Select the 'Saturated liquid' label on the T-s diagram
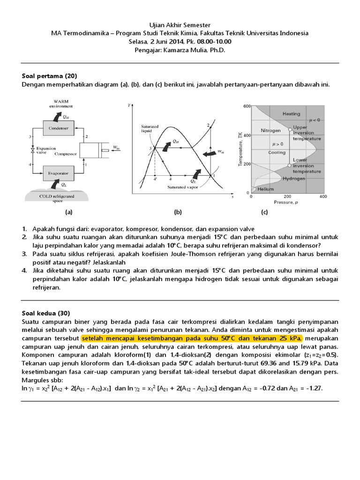150,128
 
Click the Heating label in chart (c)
292,114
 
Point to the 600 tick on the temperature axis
247,106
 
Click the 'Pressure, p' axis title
287,203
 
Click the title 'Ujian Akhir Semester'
180,25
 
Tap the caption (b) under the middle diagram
178,212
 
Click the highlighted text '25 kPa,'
290,338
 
